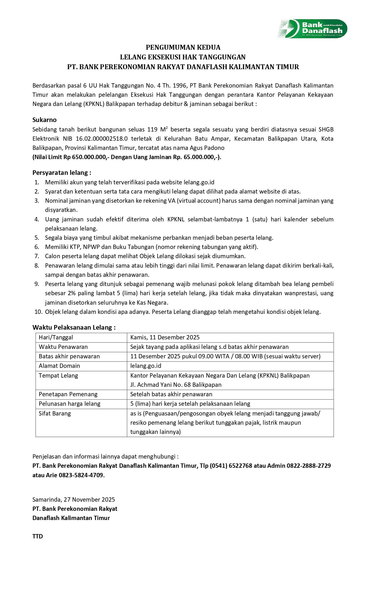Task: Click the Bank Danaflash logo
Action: click(312, 29)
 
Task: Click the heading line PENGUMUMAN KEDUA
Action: click(183, 47)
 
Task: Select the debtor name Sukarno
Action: click(44, 120)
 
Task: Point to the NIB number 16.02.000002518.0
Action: click(102, 139)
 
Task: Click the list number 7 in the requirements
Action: click(37, 256)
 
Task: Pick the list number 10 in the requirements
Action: click(38, 312)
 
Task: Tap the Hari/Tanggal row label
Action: click(56, 337)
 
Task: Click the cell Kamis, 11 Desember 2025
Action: click(165, 337)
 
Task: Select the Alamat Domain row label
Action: click(59, 366)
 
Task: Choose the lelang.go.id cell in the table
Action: click(146, 366)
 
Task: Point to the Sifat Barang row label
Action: click(55, 413)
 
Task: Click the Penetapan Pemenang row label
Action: click(68, 394)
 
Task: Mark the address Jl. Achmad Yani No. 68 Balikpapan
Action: click(176, 385)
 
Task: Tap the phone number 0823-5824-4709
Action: click(81, 475)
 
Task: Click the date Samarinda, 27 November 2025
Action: click(73, 499)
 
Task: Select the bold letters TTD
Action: click(38, 536)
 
